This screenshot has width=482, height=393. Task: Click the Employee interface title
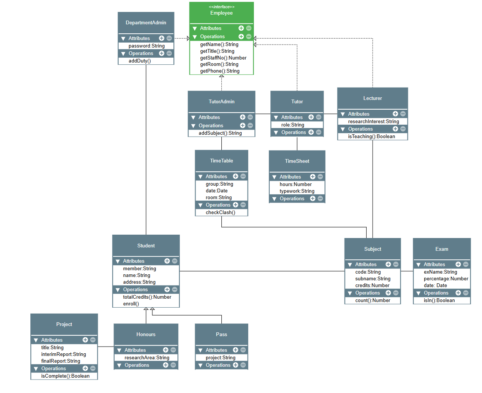[x=221, y=13]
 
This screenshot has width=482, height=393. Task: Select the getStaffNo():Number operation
[x=223, y=58]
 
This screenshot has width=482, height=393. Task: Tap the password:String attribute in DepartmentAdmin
[x=146, y=46]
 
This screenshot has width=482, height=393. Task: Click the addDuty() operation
[x=140, y=61]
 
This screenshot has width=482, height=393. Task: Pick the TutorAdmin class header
[x=221, y=102]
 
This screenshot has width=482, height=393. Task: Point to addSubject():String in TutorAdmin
[x=220, y=133]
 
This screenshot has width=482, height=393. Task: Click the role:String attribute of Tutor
[x=293, y=125]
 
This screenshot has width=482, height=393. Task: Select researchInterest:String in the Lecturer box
[x=373, y=122]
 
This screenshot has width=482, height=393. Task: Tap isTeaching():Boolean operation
[x=372, y=137]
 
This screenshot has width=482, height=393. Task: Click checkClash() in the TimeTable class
[x=221, y=213]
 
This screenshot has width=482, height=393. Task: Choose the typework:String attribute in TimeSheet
[x=297, y=191]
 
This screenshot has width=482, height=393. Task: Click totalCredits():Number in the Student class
[x=147, y=297]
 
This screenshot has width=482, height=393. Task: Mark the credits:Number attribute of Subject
[x=372, y=286]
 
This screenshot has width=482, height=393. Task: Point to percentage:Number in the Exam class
[x=446, y=279]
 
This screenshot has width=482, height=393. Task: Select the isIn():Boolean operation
[x=439, y=301]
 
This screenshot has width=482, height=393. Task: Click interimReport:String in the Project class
[x=64, y=354]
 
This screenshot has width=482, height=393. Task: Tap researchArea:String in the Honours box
[x=147, y=358]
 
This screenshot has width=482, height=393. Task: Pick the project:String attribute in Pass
[x=221, y=358]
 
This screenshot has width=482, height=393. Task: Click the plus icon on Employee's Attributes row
[x=241, y=28]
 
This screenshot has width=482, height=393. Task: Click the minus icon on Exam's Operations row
[x=466, y=293]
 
